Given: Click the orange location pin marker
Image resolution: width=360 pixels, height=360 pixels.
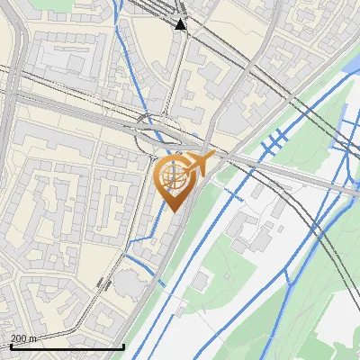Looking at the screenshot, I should [176, 180].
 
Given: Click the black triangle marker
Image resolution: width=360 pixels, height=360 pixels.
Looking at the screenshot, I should [181, 25].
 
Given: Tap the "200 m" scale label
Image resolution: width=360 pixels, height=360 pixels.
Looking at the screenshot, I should [23, 338].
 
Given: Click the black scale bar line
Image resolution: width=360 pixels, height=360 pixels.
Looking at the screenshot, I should [67, 346].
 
